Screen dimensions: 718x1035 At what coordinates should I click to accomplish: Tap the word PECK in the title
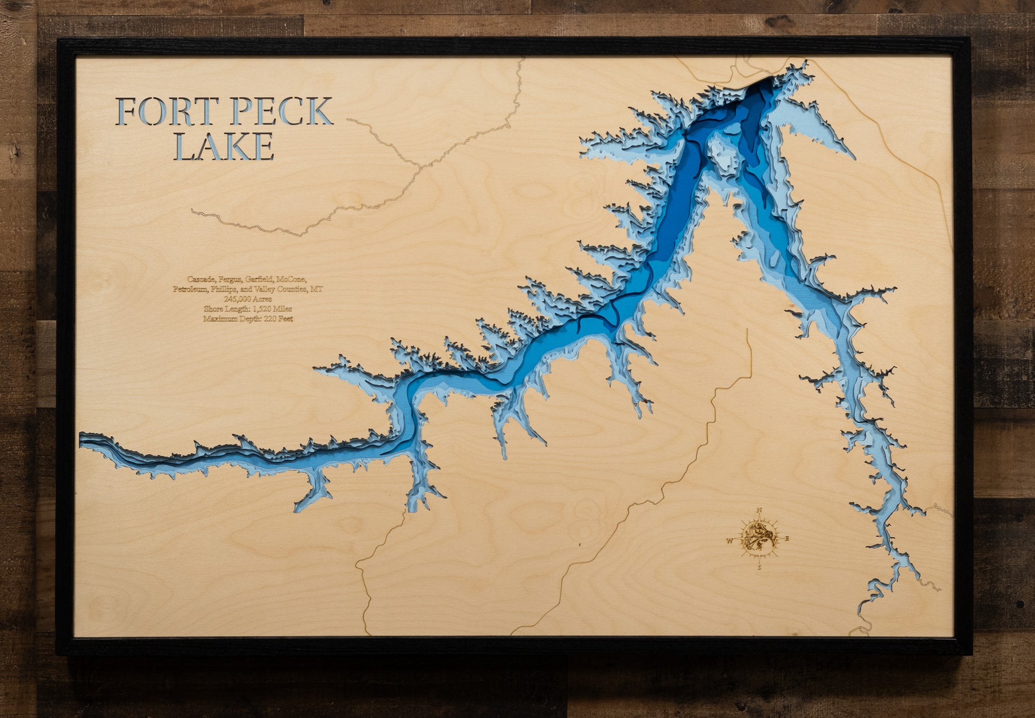(x=281, y=111)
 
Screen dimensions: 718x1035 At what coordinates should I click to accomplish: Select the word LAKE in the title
(x=224, y=146)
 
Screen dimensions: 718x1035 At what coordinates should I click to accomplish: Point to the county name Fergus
(x=230, y=279)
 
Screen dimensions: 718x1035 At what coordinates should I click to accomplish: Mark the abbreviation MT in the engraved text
(x=317, y=289)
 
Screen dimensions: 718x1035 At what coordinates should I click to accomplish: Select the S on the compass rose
(x=759, y=567)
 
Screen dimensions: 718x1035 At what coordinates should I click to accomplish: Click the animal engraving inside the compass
(x=758, y=538)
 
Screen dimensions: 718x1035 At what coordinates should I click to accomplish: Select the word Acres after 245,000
(x=262, y=299)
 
